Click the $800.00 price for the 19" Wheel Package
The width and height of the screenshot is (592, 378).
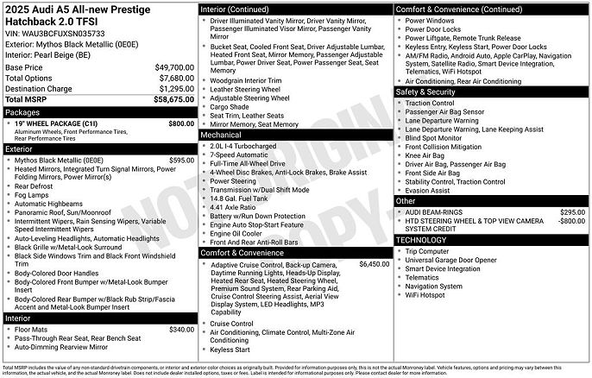point(181,123)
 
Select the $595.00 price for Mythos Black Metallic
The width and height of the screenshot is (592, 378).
point(181,161)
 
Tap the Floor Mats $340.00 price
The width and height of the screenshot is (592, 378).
point(181,329)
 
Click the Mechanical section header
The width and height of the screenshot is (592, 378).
point(222,135)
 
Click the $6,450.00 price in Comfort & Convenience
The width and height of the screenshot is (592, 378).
point(374,263)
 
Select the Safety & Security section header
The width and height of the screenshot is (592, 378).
point(425,91)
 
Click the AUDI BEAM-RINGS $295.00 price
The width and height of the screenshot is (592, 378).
point(572,211)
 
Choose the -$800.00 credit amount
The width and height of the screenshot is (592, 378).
point(570,221)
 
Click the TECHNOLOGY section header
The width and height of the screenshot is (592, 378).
point(422,240)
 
